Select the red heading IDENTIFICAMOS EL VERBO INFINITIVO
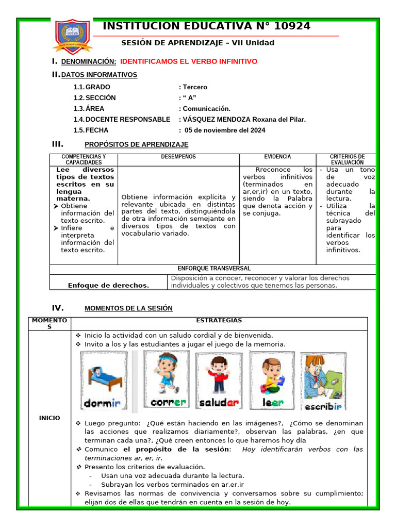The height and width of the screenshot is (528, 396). pyautogui.click(x=188, y=61)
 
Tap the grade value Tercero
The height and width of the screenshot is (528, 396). pyautogui.click(x=195, y=87)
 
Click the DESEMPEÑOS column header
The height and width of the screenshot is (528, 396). pyautogui.click(x=178, y=157)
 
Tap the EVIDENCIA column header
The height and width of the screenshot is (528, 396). pyautogui.click(x=277, y=157)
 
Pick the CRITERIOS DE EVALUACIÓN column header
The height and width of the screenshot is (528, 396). pyautogui.click(x=347, y=159)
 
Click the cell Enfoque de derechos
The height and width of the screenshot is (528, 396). pyautogui.click(x=108, y=285)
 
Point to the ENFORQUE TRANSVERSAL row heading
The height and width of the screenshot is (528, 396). pyautogui.click(x=214, y=269)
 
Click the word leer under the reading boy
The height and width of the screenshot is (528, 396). pyautogui.click(x=273, y=402)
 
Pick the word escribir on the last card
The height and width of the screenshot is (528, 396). pyautogui.click(x=323, y=406)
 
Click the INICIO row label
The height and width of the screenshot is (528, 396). pyautogui.click(x=49, y=418)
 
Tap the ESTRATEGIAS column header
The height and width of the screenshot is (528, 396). pyautogui.click(x=219, y=321)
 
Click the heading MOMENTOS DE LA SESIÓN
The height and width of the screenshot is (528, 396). pyautogui.click(x=128, y=308)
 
